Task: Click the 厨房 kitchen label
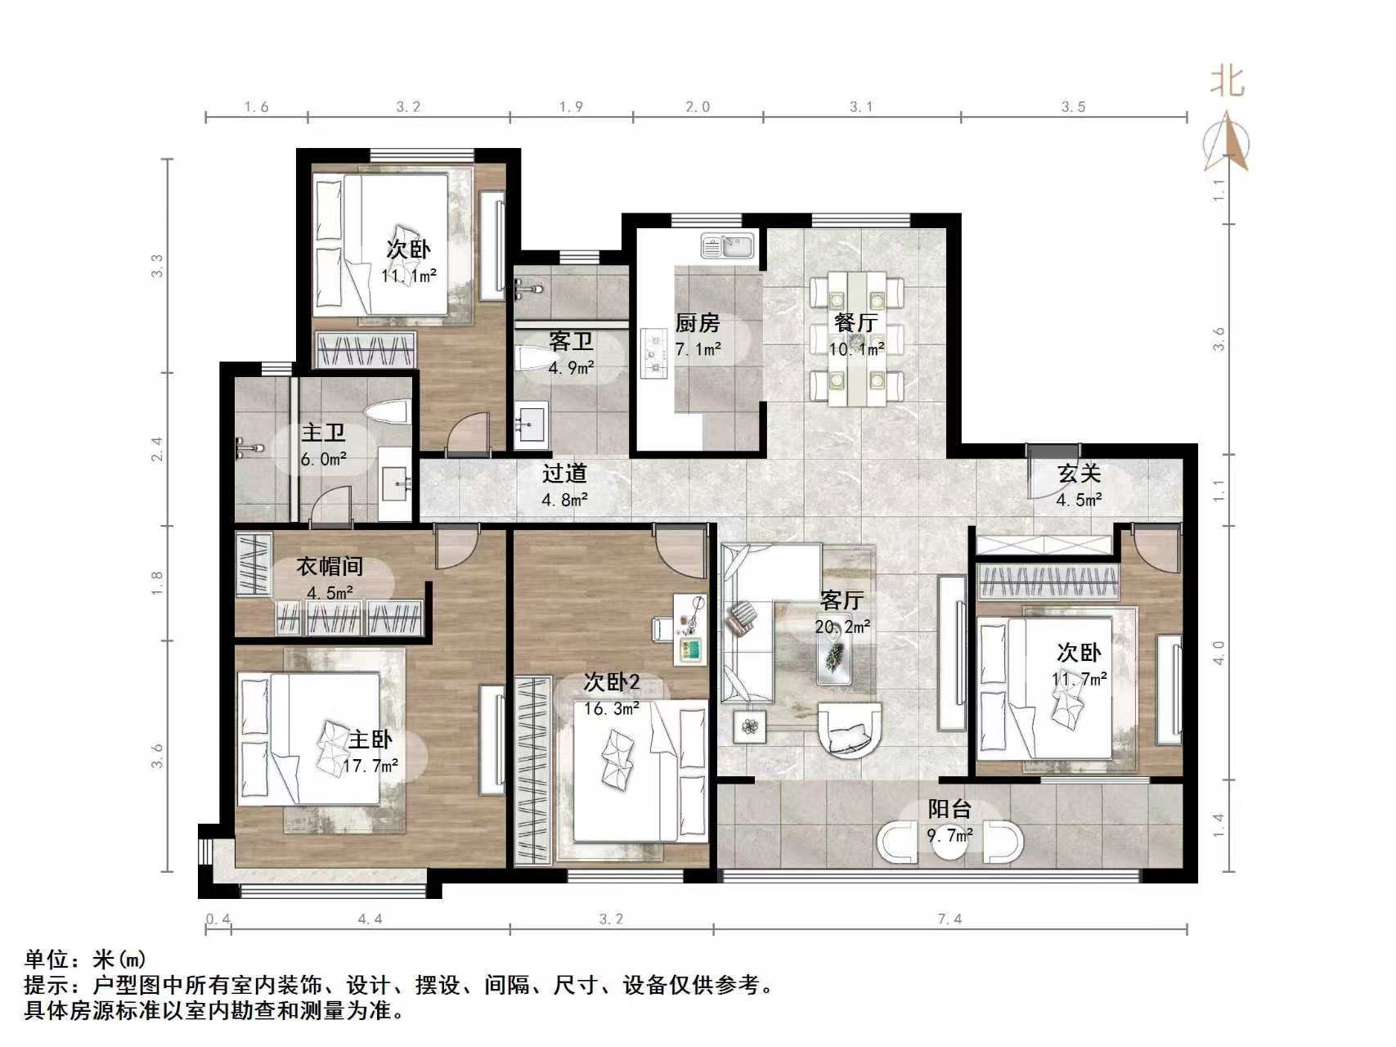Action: pyautogui.click(x=697, y=323)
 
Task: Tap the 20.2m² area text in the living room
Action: pyautogui.click(x=842, y=627)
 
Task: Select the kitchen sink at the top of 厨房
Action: pyautogui.click(x=728, y=246)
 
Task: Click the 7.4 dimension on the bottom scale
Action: pyautogui.click(x=949, y=919)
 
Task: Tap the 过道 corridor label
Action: pyautogui.click(x=564, y=473)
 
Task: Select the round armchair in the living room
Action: pyautogui.click(x=851, y=729)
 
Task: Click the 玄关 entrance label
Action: pyautogui.click(x=1079, y=473)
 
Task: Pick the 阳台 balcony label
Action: pyautogui.click(x=949, y=809)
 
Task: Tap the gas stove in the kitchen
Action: pyautogui.click(x=654, y=353)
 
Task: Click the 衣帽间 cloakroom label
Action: pyautogui.click(x=329, y=566)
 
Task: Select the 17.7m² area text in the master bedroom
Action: pyautogui.click(x=370, y=766)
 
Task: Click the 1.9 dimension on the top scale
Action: pyautogui.click(x=571, y=106)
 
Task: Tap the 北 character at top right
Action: pyautogui.click(x=1227, y=82)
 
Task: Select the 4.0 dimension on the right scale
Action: pyautogui.click(x=1219, y=652)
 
